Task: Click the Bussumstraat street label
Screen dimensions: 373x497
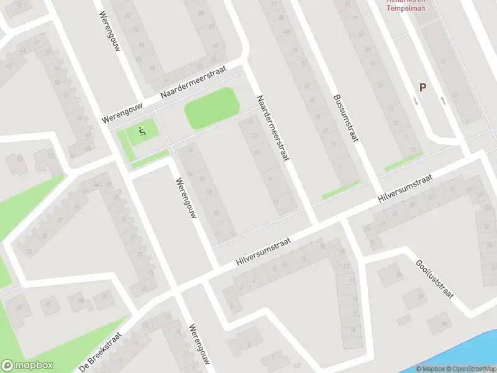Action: (346, 118)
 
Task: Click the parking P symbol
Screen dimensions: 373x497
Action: (422, 88)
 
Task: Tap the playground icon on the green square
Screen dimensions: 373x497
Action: (142, 131)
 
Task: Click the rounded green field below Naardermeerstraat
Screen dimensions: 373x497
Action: (211, 108)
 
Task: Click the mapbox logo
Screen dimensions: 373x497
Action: (27, 366)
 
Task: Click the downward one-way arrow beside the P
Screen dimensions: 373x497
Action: (415, 101)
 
